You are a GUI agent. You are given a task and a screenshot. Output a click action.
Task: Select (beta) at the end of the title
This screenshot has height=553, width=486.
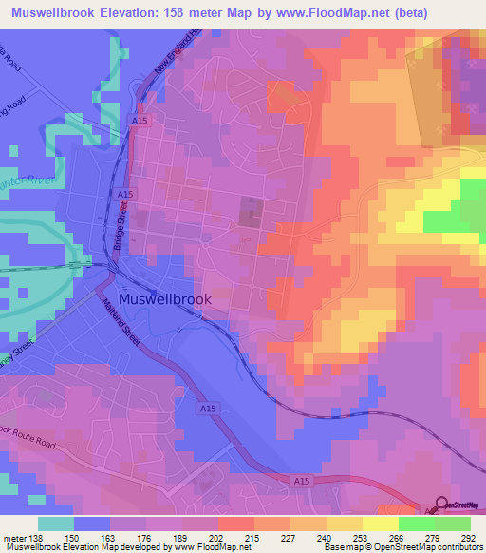click(x=402, y=13)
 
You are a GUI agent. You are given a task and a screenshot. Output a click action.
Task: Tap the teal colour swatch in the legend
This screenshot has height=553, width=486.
click(x=55, y=524)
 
